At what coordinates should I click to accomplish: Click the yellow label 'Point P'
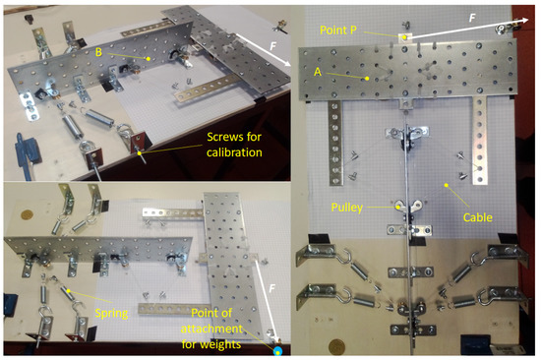[338, 30]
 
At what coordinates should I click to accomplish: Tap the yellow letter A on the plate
[318, 72]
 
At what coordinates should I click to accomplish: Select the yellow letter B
[98, 52]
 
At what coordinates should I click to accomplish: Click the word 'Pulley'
[347, 208]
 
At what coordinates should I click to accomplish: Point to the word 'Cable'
[477, 217]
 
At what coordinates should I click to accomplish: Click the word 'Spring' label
[111, 314]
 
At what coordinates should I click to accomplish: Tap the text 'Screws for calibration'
[234, 145]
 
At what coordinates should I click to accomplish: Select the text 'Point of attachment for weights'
[211, 329]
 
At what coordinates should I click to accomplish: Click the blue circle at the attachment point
[277, 351]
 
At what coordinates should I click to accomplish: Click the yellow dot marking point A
[367, 79]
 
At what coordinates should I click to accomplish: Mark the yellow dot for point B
[149, 59]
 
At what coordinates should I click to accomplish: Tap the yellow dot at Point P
[404, 37]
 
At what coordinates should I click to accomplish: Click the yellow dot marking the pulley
[398, 208]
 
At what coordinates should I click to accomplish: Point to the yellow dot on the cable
[447, 185]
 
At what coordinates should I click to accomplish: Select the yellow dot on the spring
[68, 290]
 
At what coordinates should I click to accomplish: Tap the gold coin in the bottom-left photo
[27, 214]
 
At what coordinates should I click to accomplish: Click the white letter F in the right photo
[472, 18]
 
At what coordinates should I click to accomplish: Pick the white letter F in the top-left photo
[272, 45]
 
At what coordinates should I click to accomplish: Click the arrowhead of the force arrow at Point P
[524, 20]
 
